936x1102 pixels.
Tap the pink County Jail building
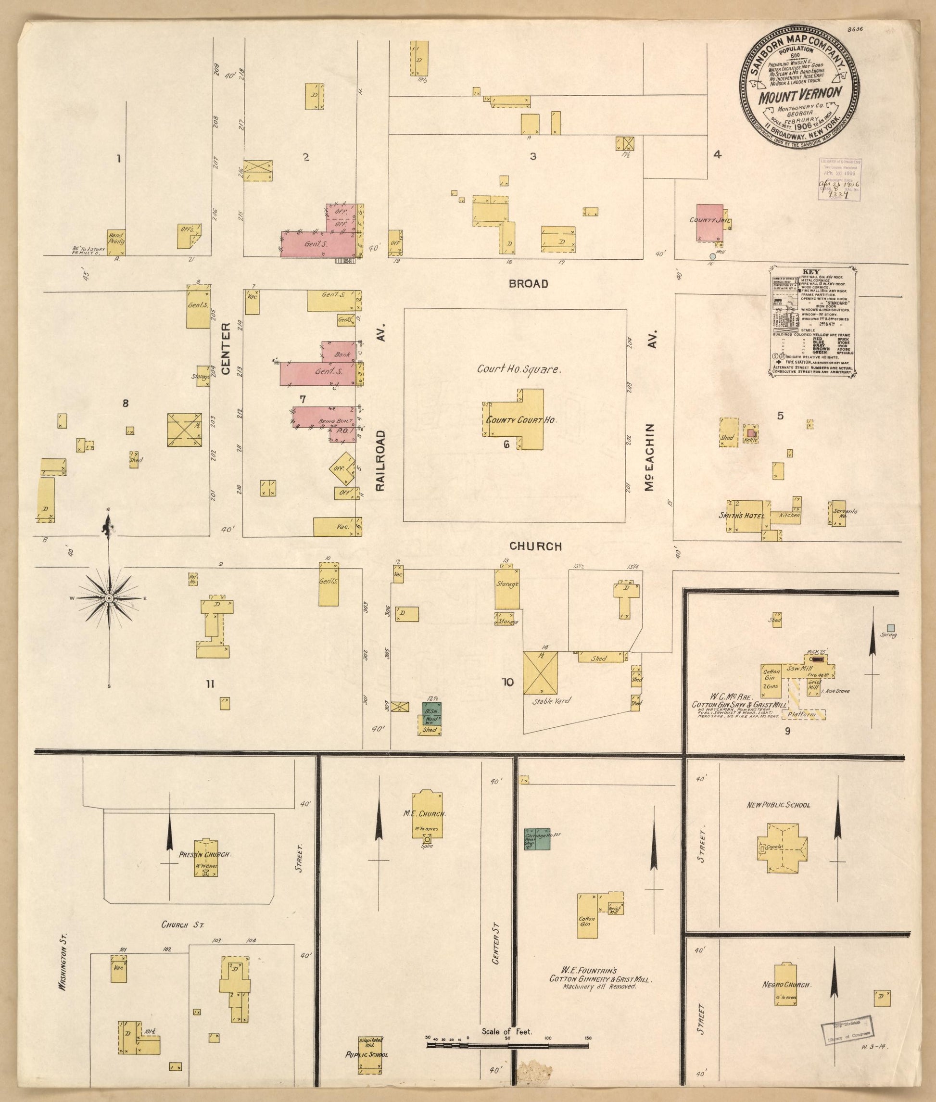709,222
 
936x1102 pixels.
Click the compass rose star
109,598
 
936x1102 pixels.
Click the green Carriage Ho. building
537,840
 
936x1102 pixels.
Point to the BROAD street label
529,284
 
